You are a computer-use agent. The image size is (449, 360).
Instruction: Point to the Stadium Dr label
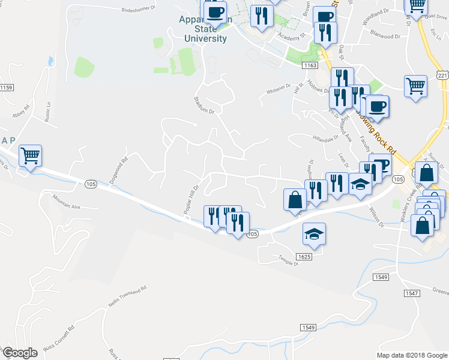(x=204, y=105)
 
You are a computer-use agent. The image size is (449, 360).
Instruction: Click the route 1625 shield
(x=304, y=256)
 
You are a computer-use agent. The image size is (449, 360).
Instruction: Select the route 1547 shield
(x=411, y=293)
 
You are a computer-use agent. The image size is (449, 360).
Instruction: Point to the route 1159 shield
(x=6, y=88)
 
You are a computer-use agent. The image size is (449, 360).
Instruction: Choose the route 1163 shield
(x=310, y=65)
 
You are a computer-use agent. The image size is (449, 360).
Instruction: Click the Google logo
(x=20, y=353)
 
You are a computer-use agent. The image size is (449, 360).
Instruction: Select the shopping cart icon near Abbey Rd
(x=30, y=156)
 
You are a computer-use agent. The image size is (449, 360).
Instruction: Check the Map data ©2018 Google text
(x=411, y=355)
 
